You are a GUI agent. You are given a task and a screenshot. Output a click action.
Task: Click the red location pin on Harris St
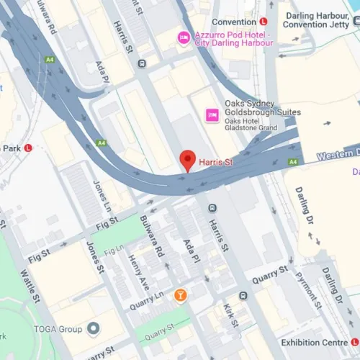point(188,160)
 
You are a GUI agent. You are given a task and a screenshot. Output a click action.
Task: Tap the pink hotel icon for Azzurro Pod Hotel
point(184,37)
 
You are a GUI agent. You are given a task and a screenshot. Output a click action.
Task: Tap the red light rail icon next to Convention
point(264,22)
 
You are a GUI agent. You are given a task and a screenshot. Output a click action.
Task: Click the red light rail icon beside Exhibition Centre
point(355,342)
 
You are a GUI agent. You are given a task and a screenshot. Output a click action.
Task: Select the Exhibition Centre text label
point(314,342)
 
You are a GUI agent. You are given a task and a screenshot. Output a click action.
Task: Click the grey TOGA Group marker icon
point(93,329)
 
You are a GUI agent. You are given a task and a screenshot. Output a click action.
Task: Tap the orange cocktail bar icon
point(181,294)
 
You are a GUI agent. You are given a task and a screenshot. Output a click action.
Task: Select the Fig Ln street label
point(114,252)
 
